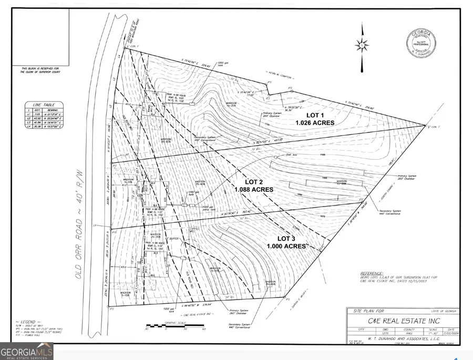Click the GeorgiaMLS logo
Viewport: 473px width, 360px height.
point(26,351)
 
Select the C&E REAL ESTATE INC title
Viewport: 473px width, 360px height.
point(402,320)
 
